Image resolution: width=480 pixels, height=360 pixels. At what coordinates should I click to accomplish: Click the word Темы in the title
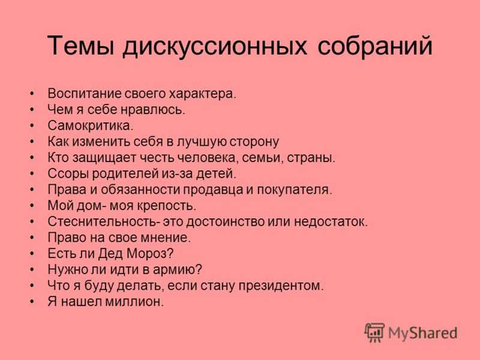tap(82, 46)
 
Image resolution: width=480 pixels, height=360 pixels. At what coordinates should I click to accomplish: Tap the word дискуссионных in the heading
tap(215, 47)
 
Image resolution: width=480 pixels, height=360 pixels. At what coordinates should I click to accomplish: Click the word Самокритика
tap(91, 125)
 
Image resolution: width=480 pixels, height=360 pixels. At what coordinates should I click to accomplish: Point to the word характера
tap(203, 94)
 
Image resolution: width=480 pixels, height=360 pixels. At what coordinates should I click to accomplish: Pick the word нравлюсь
tap(153, 110)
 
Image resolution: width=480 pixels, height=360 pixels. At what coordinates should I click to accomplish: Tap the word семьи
tap(261, 158)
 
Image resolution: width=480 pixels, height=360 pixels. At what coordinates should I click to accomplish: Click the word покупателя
tap(295, 190)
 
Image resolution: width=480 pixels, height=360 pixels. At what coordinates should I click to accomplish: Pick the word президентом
tap(281, 286)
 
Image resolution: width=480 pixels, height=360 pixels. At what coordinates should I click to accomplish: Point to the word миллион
tap(134, 302)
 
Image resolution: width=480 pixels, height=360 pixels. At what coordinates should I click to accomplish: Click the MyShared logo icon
tap(374, 332)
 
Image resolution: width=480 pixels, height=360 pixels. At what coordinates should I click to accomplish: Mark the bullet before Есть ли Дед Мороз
tap(32, 254)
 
